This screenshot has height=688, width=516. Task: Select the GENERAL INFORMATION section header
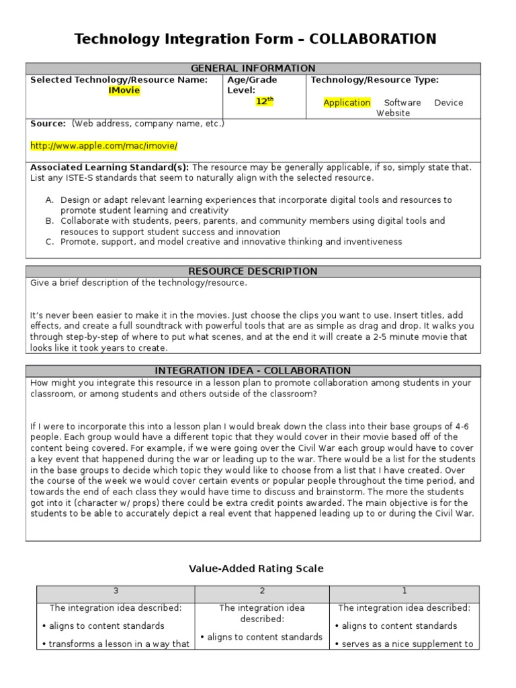[x=253, y=69]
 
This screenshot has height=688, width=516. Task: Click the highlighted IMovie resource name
[x=124, y=91]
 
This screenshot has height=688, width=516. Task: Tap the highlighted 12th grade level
[x=265, y=101]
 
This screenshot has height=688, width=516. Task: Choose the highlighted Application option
[x=347, y=103]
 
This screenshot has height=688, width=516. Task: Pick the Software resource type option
[x=402, y=103]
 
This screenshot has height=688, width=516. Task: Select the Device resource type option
[x=448, y=103]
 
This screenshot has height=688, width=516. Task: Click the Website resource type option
[x=393, y=114]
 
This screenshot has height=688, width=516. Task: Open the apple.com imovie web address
[x=104, y=146]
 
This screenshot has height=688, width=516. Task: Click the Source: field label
[x=48, y=124]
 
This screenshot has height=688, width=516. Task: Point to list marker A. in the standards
[x=50, y=200]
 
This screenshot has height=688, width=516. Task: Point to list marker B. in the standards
[x=50, y=221]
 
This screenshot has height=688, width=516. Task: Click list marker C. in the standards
[x=50, y=242]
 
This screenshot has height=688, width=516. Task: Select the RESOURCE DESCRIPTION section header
[x=253, y=271]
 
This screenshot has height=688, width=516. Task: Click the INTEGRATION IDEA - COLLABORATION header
[x=253, y=371]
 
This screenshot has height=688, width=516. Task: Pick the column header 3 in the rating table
[x=116, y=591]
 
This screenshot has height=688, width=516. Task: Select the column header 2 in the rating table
[x=262, y=591]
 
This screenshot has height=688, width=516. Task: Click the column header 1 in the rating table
[x=404, y=591]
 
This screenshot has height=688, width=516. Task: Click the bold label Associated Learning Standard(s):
[x=110, y=167]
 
